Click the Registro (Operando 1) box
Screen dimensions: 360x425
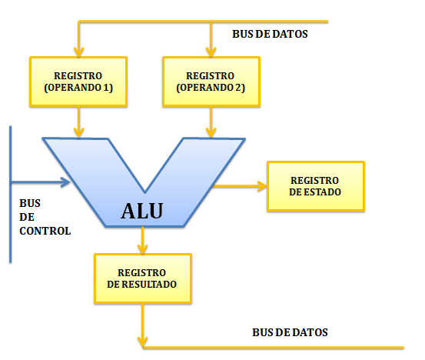click(78, 81)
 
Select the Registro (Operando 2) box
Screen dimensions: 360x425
click(210, 81)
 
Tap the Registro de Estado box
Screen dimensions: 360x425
click(315, 185)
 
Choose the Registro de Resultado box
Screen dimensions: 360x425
click(142, 278)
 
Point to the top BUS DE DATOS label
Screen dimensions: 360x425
click(270, 35)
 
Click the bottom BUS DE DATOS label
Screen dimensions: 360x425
click(290, 332)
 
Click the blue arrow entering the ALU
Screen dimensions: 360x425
click(38, 183)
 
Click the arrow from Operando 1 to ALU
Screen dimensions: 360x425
click(78, 122)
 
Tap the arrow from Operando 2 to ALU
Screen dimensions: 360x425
click(210, 122)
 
